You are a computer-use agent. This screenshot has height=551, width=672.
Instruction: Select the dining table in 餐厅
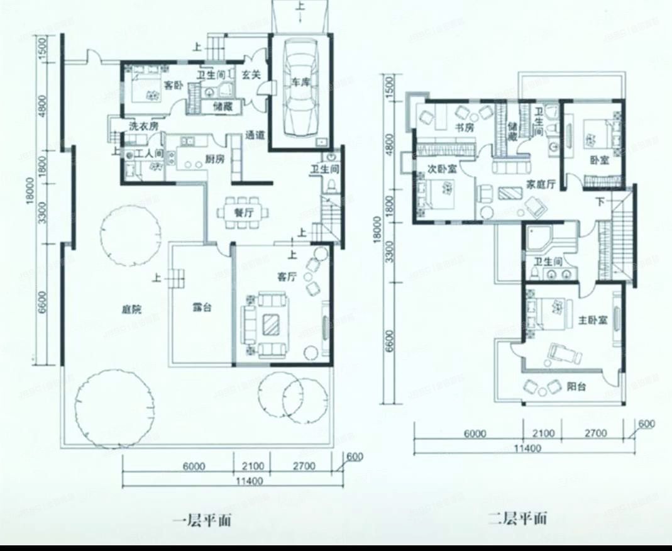click(x=243, y=212)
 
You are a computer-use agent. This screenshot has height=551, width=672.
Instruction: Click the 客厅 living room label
click(x=287, y=276)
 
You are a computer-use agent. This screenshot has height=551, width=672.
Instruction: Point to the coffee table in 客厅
click(x=272, y=325)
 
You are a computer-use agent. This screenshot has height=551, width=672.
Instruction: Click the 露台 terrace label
click(x=201, y=309)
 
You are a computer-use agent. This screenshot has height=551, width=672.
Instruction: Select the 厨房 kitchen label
click(x=214, y=159)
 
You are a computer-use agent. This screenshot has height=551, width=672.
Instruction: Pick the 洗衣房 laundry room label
click(x=143, y=126)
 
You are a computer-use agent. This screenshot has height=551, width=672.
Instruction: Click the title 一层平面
click(x=201, y=520)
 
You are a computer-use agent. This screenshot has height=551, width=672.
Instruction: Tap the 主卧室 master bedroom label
click(x=592, y=320)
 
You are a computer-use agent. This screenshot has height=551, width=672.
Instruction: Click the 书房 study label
click(x=464, y=128)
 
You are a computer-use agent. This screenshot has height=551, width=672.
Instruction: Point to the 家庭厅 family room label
click(x=541, y=184)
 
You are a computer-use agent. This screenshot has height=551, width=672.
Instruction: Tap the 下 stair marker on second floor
click(x=600, y=203)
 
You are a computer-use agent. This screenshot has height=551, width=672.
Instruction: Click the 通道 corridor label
click(x=255, y=135)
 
